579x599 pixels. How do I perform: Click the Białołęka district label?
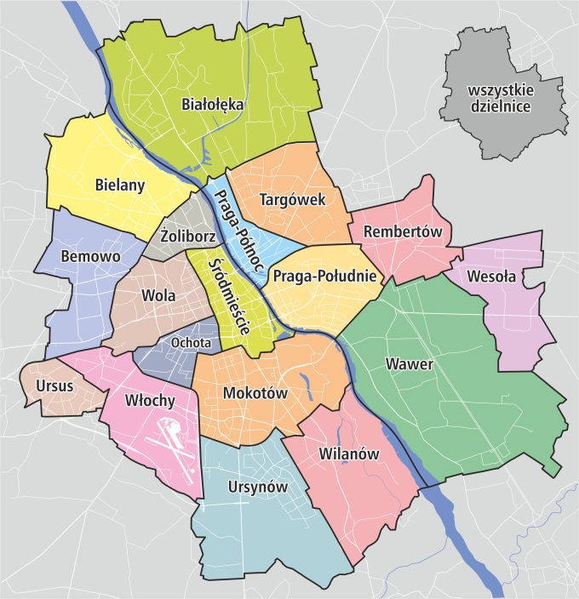pos(213,105)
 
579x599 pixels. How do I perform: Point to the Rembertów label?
pos(400,231)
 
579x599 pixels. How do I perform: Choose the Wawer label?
pos(410,364)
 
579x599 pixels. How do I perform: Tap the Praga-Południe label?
pos(324,275)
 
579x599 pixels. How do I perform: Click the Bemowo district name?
pos(91,255)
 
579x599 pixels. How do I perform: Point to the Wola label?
pos(159,296)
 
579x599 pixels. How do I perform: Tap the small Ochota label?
pos(190,343)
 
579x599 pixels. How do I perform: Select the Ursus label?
pos(55,385)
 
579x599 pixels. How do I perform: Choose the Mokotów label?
pos(254,393)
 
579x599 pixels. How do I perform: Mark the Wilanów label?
pos(347,453)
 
